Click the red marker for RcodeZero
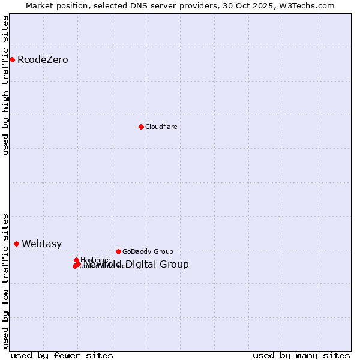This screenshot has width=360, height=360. [12, 59]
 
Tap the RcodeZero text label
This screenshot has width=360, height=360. [43, 60]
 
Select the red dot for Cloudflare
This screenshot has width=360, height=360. [141, 127]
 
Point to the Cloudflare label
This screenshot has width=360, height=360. [161, 127]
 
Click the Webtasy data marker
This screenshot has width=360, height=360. [17, 244]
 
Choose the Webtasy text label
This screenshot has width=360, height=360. [42, 244]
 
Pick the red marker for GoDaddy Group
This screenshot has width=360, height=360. [118, 251]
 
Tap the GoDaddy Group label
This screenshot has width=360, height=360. [148, 252]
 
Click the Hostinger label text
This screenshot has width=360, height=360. [95, 260]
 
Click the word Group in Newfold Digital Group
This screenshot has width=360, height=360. [175, 265]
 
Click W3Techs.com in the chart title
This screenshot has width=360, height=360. [310, 5]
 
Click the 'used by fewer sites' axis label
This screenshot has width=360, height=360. [53, 355]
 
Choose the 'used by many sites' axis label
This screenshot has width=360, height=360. [301, 355]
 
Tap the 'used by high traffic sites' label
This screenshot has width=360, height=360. [5, 85]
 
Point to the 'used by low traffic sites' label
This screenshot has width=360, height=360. [5, 280]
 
